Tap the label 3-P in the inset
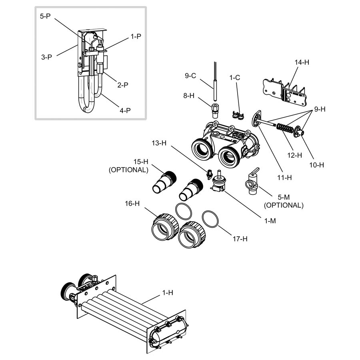(x=47, y=57)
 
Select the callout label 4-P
(x=126, y=111)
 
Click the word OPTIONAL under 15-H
(x=129, y=170)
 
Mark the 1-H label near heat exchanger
(x=167, y=292)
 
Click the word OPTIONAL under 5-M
(x=284, y=205)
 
